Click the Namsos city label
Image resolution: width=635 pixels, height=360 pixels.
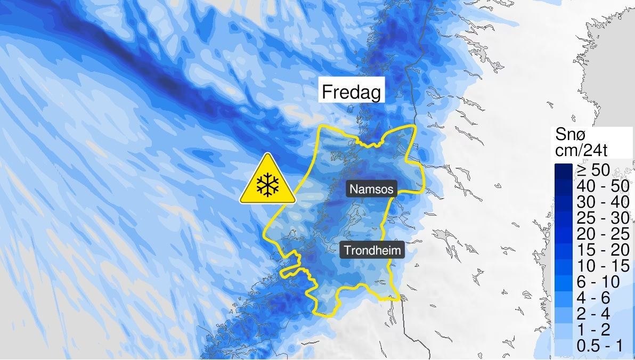[x=372, y=189]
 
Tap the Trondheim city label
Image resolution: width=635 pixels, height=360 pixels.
[x=372, y=250]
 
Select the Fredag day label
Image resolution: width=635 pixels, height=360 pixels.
[x=351, y=93]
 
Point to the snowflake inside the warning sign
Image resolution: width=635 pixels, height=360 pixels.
[x=267, y=186]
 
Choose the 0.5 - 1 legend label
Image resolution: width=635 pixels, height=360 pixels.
[x=599, y=345]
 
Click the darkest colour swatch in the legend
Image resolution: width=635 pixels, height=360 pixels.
[x=563, y=170]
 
